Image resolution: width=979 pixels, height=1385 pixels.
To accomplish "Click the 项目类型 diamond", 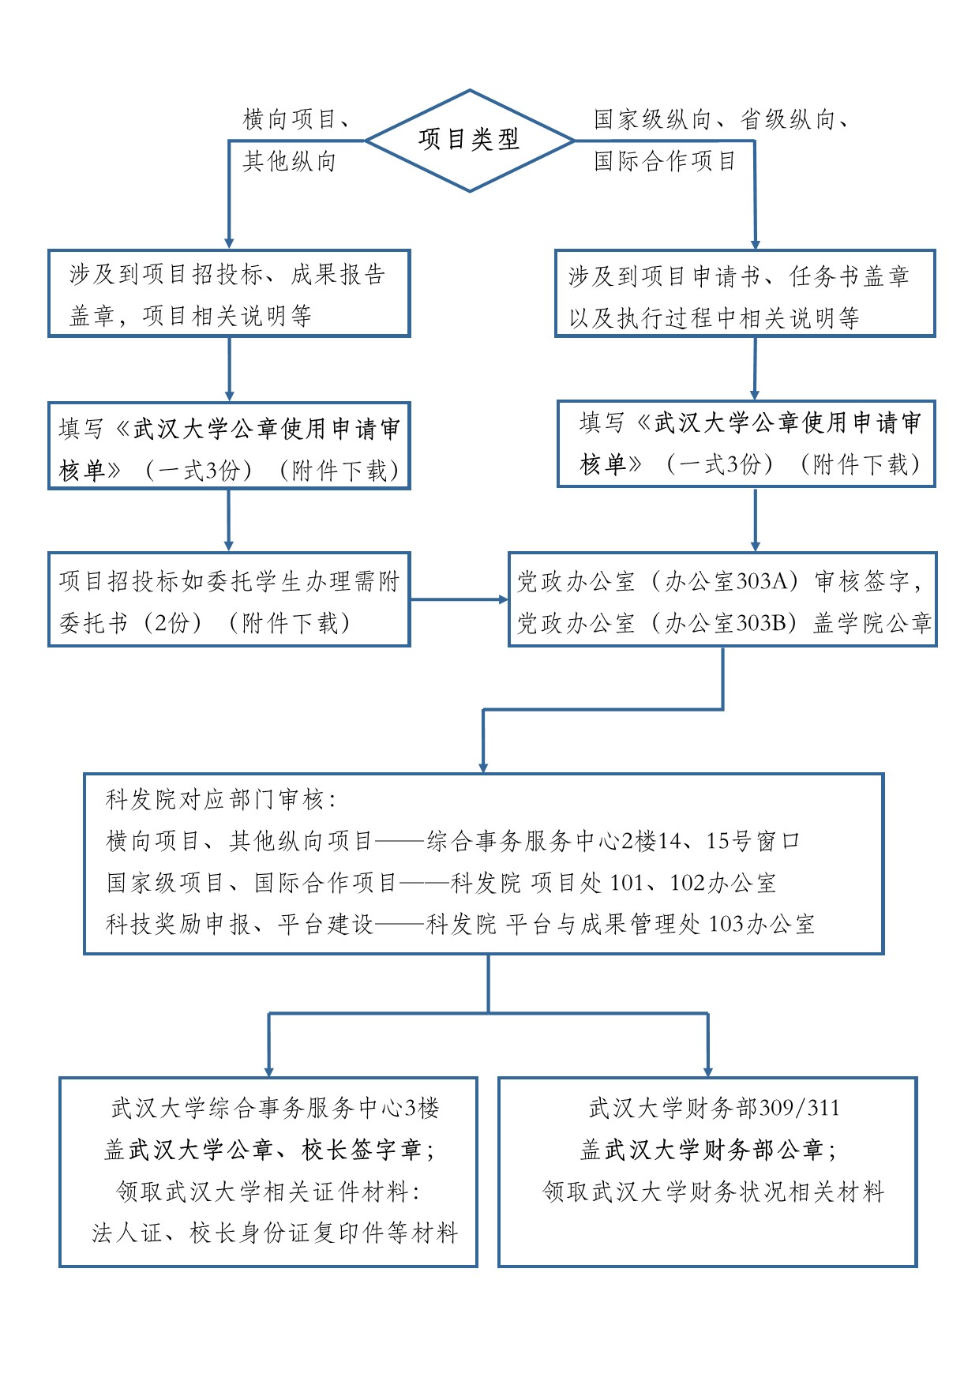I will (470, 140).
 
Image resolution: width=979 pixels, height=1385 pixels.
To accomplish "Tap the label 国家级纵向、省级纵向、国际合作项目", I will (720, 141).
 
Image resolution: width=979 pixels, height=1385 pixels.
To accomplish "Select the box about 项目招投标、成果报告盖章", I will (229, 294).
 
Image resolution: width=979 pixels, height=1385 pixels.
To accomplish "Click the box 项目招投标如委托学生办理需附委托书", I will (229, 600).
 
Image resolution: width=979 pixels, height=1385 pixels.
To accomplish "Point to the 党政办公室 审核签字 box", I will (722, 600).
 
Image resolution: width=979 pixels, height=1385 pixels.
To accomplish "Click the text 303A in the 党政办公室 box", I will (763, 582).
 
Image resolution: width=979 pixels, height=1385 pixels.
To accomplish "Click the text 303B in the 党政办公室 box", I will (763, 623).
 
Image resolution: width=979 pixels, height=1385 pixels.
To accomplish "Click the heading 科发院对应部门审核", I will (221, 800).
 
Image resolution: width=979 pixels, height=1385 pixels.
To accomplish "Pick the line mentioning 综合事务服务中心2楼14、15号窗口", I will (453, 841).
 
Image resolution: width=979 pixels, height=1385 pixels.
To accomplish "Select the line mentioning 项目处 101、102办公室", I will (442, 883).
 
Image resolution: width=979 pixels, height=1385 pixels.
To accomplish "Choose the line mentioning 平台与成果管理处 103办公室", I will (460, 924).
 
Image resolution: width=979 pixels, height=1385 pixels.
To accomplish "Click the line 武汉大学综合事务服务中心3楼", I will (275, 1109).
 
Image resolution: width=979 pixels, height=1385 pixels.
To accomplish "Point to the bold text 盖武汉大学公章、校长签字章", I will (268, 1150).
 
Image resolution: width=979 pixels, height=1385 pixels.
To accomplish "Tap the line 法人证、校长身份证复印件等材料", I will (275, 1233).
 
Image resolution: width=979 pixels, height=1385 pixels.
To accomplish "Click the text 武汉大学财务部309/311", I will (714, 1109).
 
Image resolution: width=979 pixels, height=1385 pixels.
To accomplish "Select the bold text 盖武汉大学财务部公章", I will (707, 1150).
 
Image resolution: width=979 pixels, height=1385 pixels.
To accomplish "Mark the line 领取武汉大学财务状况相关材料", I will (714, 1192).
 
